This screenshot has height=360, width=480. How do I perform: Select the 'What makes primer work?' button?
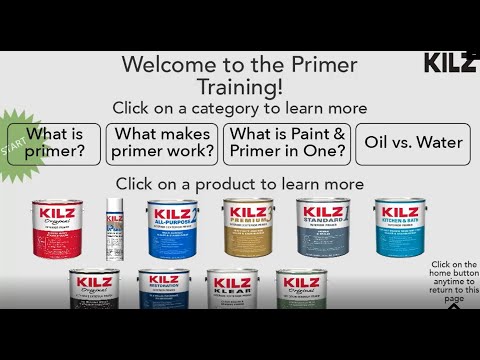(x=162, y=143)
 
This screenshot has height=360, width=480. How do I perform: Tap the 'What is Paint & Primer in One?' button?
(x=286, y=143)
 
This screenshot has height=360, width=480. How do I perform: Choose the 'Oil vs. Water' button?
(x=412, y=143)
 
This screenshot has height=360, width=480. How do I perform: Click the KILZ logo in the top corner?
(x=450, y=63)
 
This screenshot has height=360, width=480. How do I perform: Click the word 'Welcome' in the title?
(x=165, y=65)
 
